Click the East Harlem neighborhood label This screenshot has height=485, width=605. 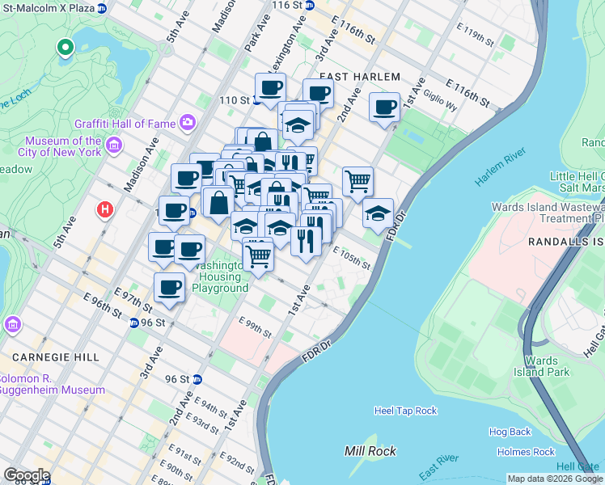pos(360,76)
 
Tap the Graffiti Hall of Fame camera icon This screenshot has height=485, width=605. pos(188,123)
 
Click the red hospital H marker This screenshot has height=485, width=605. pos(104,210)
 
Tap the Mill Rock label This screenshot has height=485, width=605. pos(370,451)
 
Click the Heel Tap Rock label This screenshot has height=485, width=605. pos(405,411)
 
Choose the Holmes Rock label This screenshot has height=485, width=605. pos(526,452)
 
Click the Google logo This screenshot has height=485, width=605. pos(27,475)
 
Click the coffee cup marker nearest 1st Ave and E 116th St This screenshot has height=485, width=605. pos(385,107)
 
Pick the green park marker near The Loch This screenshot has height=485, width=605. pos(65,48)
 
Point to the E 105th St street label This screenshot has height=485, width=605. pos(352,259)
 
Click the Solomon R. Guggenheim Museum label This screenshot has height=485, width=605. pos(52,384)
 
